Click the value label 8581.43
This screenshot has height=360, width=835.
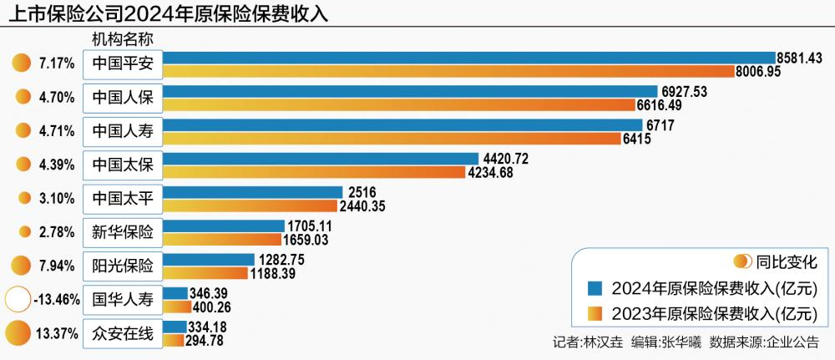pyautogui.click(x=800, y=58)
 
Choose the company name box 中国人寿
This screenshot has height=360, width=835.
pyautogui.click(x=123, y=131)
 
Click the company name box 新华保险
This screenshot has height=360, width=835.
pyautogui.click(x=123, y=231)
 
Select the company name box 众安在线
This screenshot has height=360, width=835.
pyautogui.click(x=123, y=334)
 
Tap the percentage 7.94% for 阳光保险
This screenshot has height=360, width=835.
pyautogui.click(x=57, y=266)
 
